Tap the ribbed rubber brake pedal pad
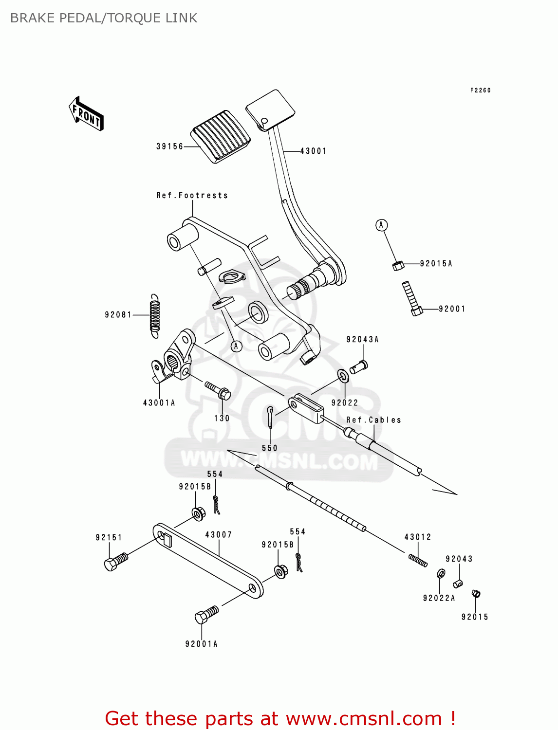[x=221, y=136]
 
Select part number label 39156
[x=169, y=146]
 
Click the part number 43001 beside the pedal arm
[x=313, y=151]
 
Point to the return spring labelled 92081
[x=154, y=316]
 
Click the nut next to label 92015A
[x=398, y=265]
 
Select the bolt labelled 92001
[x=411, y=298]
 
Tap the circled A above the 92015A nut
[x=381, y=225]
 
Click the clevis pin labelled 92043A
[x=359, y=366]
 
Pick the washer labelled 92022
[x=343, y=376]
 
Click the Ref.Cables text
[x=373, y=420]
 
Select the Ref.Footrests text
[x=192, y=196]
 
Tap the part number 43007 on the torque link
[x=218, y=535]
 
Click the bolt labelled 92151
[x=115, y=562]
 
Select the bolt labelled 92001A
[x=206, y=615]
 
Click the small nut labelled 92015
[x=476, y=593]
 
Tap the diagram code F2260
[x=480, y=91]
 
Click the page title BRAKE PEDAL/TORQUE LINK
[x=104, y=18]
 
